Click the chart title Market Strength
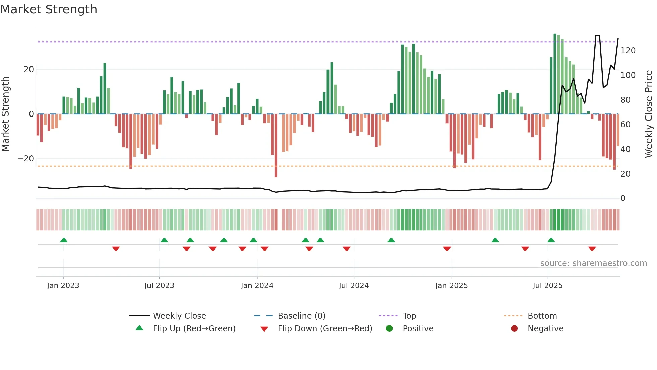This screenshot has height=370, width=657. coord(49,9)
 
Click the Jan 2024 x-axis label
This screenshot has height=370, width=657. coord(257,286)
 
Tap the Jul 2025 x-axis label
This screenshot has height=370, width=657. coord(547,286)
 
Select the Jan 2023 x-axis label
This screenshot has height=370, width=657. coord(63,286)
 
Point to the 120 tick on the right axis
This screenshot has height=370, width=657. coord(628,51)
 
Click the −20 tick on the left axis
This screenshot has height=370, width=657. coord(26,159)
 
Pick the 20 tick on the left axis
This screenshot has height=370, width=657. coord(29,70)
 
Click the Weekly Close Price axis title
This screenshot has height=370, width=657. coord(649,114)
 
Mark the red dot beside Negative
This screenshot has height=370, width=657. coord(514,329)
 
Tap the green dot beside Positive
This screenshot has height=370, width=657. coord(389,329)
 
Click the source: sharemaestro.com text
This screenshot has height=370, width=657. coord(593,263)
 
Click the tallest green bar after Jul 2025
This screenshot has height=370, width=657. coord(555,74)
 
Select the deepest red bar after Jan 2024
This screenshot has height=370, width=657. coord(276,145)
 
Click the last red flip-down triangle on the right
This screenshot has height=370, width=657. coord(592,249)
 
